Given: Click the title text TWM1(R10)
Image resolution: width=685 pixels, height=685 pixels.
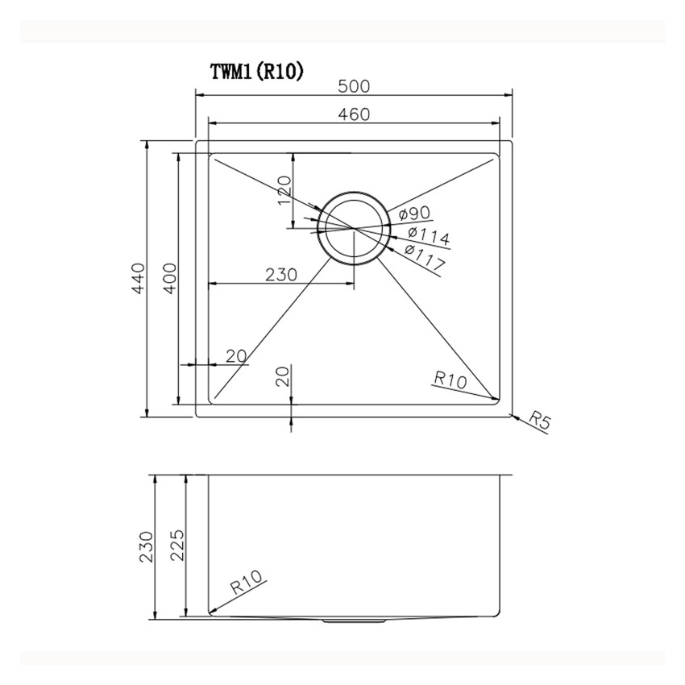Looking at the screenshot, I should coord(256,72).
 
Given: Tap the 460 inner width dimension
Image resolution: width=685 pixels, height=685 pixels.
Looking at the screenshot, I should coord(354,114).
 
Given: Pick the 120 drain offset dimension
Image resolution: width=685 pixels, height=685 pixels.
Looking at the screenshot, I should coord(284,190).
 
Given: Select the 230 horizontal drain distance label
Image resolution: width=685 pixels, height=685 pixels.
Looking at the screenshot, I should coord(281,274).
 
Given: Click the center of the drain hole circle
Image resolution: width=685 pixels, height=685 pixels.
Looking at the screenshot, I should coord(354,227).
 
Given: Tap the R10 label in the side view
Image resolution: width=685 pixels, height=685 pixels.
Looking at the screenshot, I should coord(247,583).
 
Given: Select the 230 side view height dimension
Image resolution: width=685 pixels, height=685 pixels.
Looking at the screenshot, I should coord(146,547).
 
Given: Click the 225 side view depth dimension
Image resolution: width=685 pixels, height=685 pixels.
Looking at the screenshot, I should coord(178,547).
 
